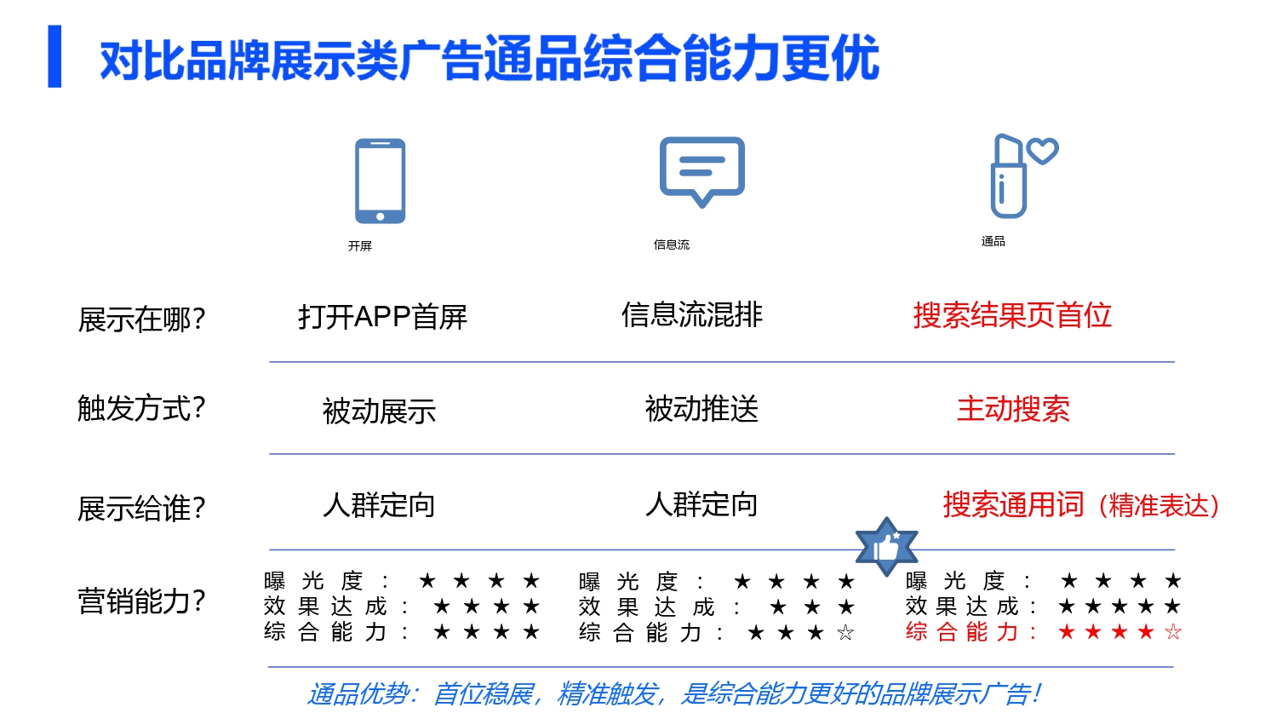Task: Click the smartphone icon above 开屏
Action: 380,181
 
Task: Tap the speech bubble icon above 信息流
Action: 702,170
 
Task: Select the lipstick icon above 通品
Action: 1008,176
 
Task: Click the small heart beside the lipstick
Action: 1042,151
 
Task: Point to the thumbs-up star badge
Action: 886,546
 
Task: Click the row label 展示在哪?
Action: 141,319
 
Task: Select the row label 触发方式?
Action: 141,408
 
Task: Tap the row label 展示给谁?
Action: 141,509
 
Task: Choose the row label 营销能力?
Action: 141,601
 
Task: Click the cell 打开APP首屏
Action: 382,317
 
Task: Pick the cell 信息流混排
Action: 691,315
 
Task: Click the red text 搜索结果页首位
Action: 1012,315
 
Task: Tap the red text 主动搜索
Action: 1013,409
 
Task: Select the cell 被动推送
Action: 701,410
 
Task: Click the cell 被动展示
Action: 379,411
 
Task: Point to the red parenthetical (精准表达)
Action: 1159,506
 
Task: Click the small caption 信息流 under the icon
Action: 672,244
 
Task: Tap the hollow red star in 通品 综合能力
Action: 1173,632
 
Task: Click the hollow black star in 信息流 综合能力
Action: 845,633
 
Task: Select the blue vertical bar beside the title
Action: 54,56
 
